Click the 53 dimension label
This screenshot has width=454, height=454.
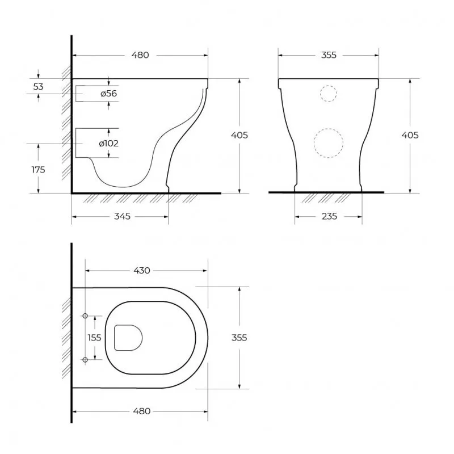coord(38,87)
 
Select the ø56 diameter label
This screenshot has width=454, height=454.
coord(109,94)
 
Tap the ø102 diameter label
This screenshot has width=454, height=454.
coord(108,144)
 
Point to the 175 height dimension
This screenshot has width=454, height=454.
coord(38,169)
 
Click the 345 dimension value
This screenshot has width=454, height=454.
coord(122,216)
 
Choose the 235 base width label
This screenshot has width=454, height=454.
coord(330,216)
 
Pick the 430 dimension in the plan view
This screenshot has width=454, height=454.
coord(142,271)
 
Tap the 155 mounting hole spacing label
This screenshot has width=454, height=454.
coord(94,338)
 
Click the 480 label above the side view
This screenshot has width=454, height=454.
coord(140,55)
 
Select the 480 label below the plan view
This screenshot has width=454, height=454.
coord(142,411)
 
